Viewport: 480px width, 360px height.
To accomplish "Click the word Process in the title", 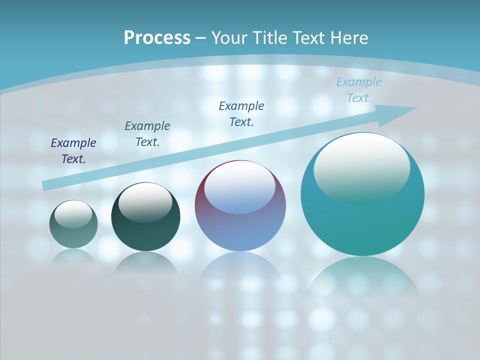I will (x=157, y=38).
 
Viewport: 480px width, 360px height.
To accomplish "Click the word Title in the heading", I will (x=270, y=38).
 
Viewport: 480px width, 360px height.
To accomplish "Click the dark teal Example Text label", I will (x=147, y=134).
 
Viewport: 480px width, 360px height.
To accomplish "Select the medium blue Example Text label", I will (x=241, y=114).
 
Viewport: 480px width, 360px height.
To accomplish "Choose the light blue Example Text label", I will (x=359, y=90).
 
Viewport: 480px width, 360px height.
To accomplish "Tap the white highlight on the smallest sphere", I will (x=73, y=214).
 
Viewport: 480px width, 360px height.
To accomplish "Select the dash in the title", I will (x=200, y=38).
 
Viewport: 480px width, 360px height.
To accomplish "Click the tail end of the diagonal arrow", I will (x=46, y=185).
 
